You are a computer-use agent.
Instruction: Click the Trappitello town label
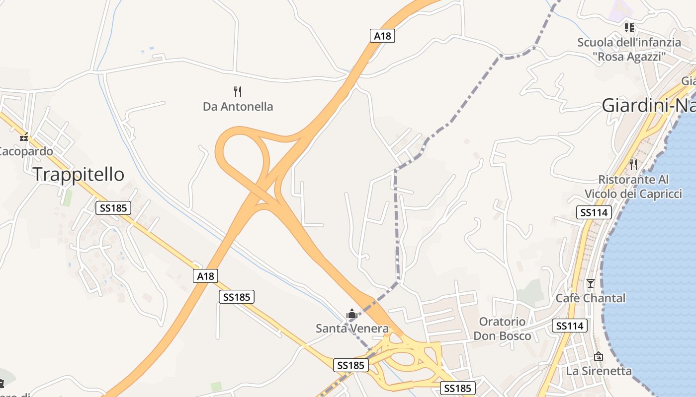pyautogui.click(x=79, y=174)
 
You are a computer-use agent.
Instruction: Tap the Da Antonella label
pyautogui.click(x=238, y=106)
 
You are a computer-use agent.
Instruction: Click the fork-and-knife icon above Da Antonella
pyautogui.click(x=238, y=91)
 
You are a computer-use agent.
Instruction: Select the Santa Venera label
pyautogui.click(x=352, y=328)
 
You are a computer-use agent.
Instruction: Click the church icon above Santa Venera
pyautogui.click(x=352, y=314)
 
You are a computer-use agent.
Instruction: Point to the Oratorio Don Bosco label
pyautogui.click(x=502, y=329)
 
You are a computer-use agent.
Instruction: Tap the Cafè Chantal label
pyautogui.click(x=591, y=298)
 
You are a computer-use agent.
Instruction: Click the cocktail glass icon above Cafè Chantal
pyautogui.click(x=591, y=283)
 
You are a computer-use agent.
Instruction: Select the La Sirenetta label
pyautogui.click(x=599, y=371)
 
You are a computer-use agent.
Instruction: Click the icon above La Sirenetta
pyautogui.click(x=599, y=356)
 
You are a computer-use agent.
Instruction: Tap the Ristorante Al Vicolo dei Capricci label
pyautogui.click(x=633, y=186)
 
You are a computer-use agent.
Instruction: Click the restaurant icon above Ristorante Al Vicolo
pyautogui.click(x=633, y=164)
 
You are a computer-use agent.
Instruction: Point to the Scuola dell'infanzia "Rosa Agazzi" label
pyautogui.click(x=629, y=49)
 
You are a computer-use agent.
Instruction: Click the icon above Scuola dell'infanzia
pyautogui.click(x=629, y=28)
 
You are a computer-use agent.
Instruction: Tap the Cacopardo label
pyautogui.click(x=26, y=151)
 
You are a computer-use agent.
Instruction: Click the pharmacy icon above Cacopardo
pyautogui.click(x=24, y=137)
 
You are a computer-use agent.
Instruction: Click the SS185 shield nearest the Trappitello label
pyautogui.click(x=113, y=207)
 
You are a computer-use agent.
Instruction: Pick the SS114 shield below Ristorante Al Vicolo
pyautogui.click(x=594, y=212)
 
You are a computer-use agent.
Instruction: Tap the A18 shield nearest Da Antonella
pyautogui.click(x=382, y=36)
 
